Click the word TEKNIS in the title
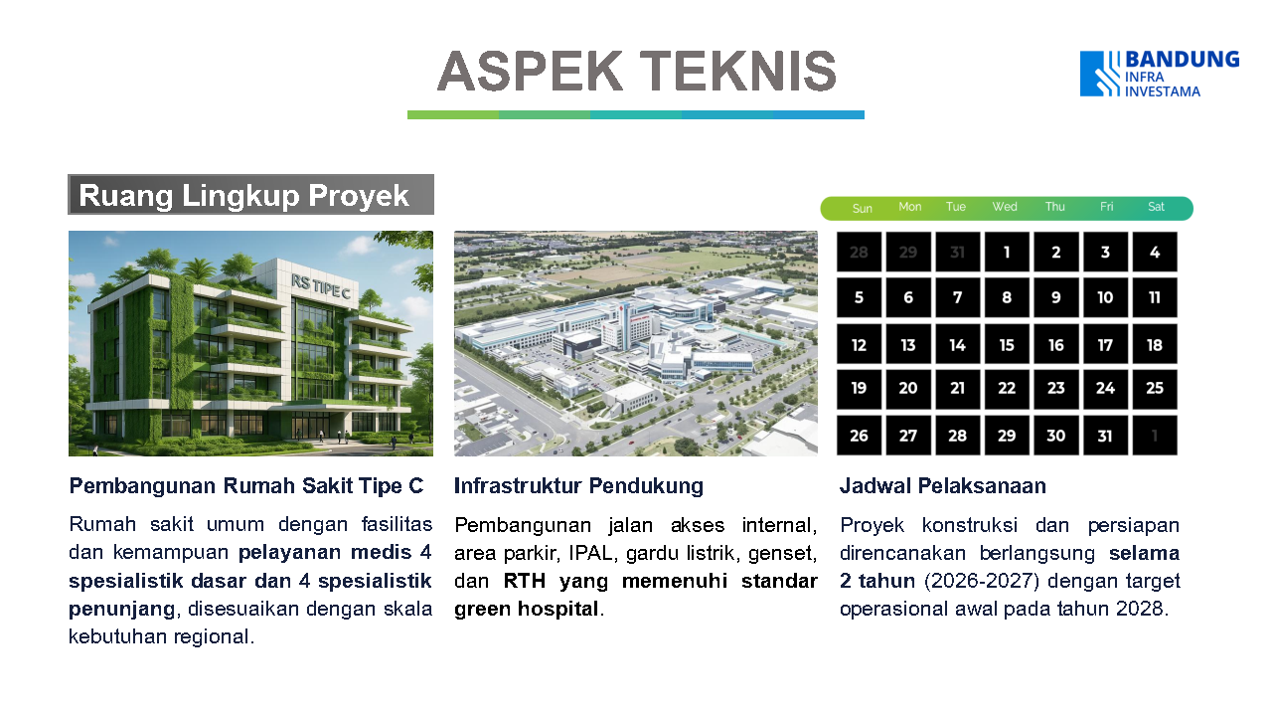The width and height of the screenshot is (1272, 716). pos(738,71)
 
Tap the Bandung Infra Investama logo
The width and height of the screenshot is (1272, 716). pos(1160,74)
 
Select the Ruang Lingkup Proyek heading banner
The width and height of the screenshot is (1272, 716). pos(251,194)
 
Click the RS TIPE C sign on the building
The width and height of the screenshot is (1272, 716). pos(321,286)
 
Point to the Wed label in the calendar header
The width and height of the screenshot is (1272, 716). pos(1005,207)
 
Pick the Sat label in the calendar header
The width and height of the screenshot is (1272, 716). pos(1156,207)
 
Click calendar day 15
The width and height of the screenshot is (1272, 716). pos(1007,345)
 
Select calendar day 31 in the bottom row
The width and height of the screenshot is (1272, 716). pos(1105,436)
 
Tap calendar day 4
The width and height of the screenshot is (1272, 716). pos(1155,252)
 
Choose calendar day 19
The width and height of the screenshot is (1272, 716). pos(859,388)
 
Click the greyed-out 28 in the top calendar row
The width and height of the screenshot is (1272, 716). pos(859,252)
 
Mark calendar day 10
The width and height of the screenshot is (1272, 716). pos(1105,297)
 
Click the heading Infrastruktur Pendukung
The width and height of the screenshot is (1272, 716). pos(578,486)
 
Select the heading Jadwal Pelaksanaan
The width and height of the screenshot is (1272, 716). pos(943,486)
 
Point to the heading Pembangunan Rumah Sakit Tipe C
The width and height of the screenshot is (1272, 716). pos(245,486)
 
